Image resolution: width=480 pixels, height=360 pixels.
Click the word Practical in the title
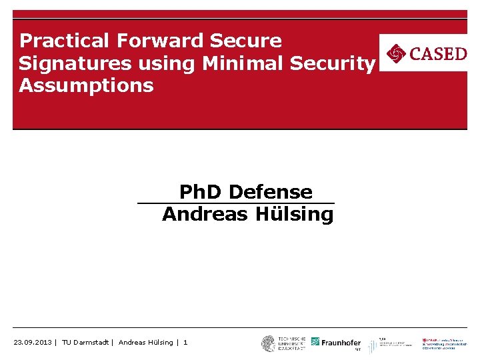[x=65, y=41]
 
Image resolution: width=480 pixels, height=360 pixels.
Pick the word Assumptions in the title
[x=86, y=86]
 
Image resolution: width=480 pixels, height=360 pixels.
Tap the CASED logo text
[x=437, y=53]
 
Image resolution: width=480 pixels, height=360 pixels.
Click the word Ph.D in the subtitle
[x=202, y=192]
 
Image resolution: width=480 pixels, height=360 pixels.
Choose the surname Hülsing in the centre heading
[x=294, y=215]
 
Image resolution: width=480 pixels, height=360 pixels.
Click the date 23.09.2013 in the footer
[x=33, y=343]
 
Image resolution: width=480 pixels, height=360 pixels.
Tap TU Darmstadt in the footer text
[x=86, y=343]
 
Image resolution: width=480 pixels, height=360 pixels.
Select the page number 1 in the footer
[x=185, y=343]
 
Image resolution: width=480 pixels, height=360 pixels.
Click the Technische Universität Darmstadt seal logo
[x=269, y=343]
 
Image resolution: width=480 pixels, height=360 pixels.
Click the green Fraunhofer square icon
[x=315, y=342]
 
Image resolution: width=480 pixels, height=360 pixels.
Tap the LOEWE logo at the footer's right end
[x=444, y=343]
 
